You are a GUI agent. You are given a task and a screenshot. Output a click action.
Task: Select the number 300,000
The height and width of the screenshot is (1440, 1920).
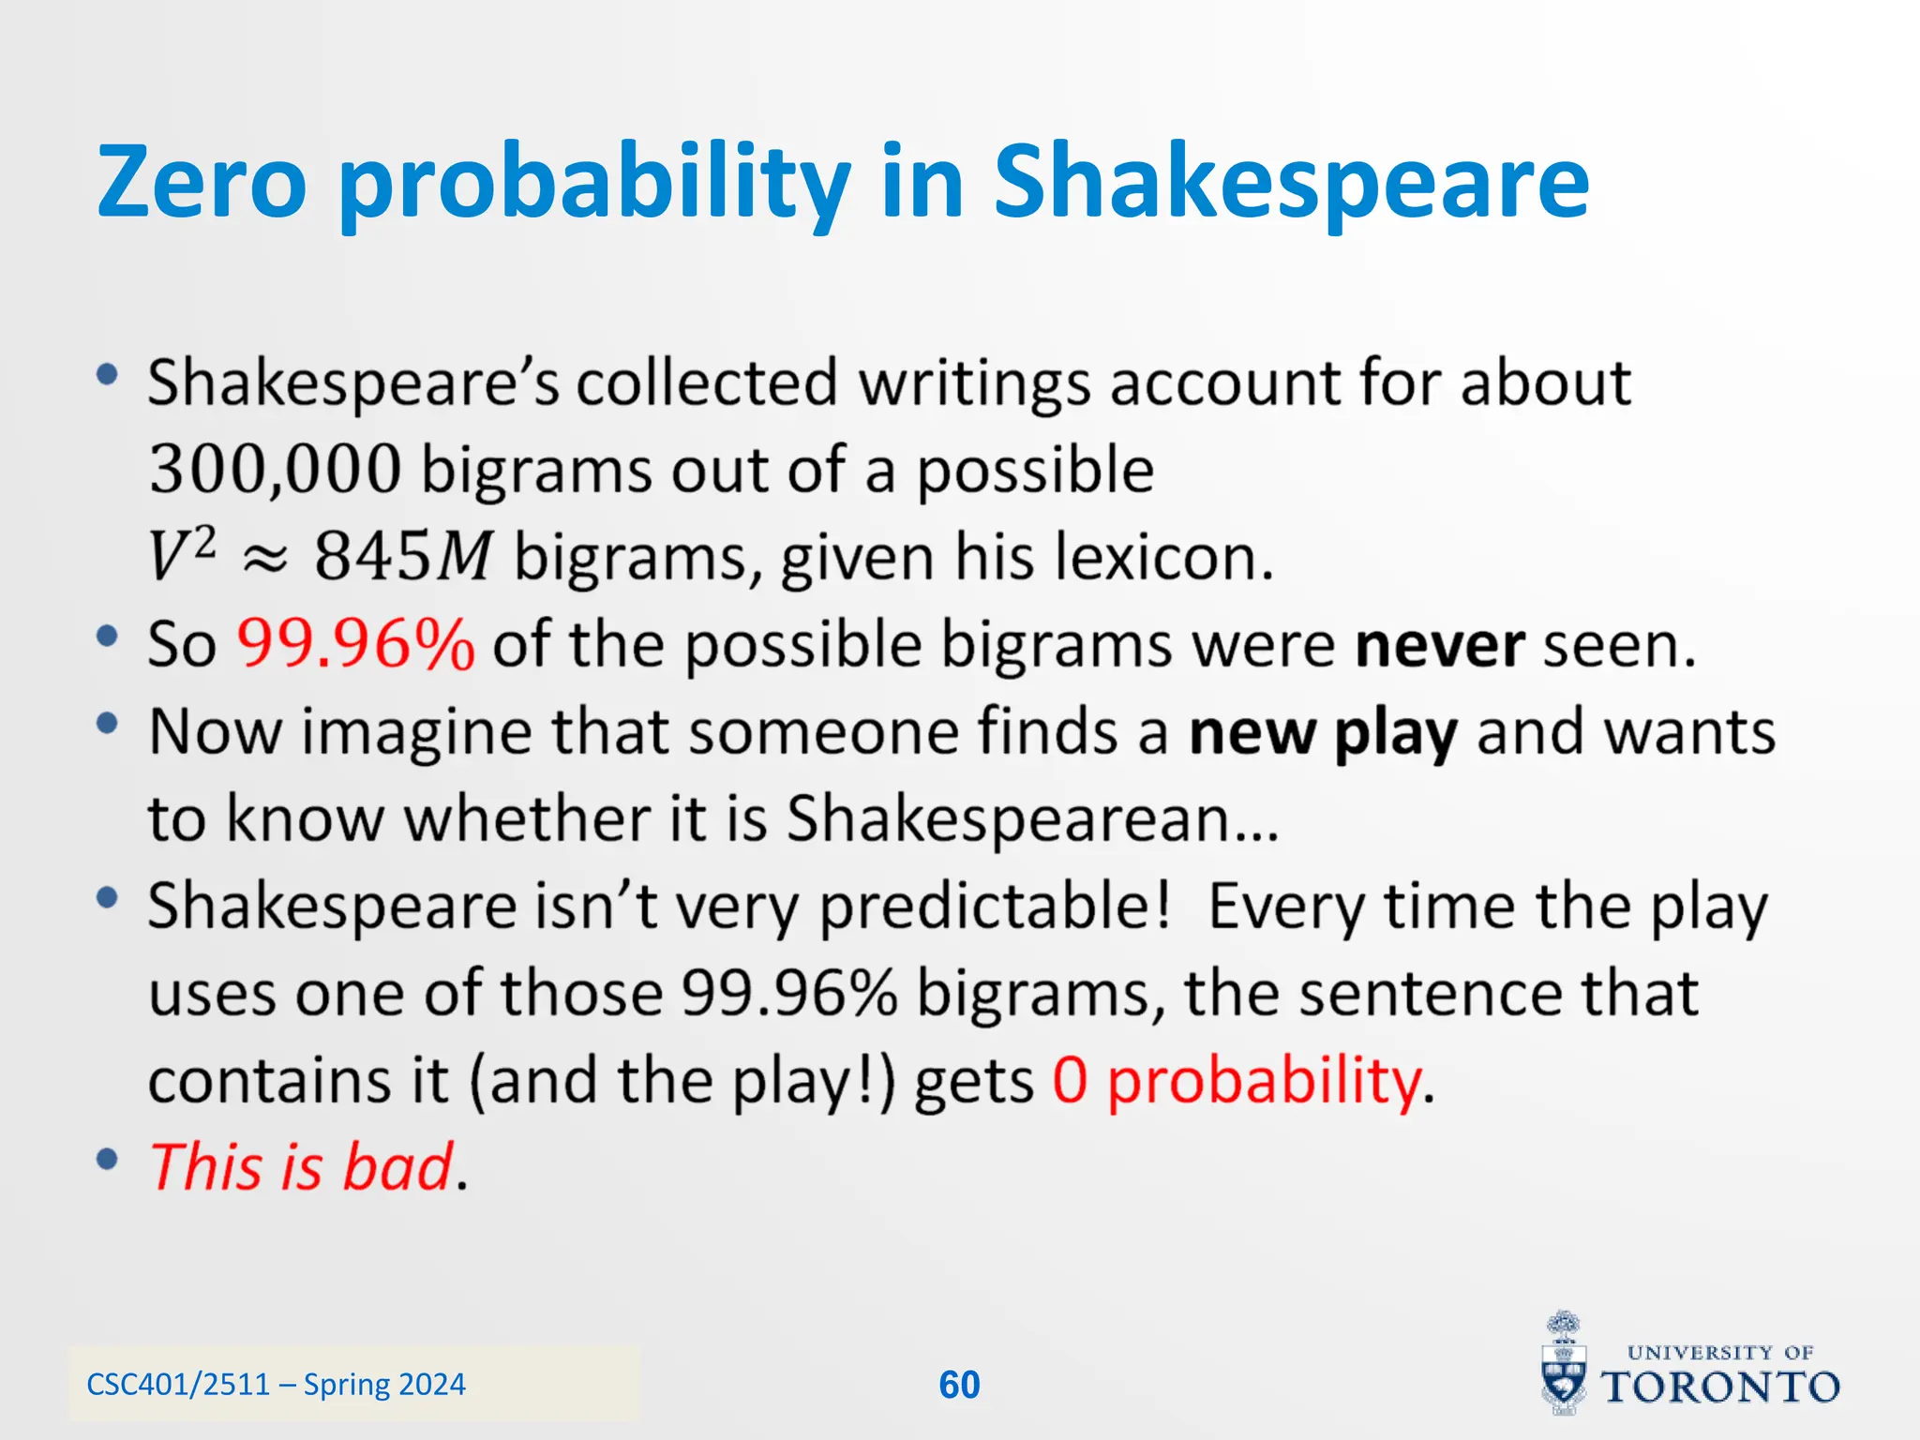pos(275,470)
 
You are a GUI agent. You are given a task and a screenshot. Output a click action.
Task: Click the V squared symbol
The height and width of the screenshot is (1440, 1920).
pos(182,554)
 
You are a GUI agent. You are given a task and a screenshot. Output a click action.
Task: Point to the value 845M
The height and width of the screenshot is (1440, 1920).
pos(402,556)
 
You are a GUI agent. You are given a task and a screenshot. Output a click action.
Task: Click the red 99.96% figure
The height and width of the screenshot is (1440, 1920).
pos(355,645)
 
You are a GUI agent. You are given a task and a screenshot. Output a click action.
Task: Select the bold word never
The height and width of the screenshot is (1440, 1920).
pos(1439,645)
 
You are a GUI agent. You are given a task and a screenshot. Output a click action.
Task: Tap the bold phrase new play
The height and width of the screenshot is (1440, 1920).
pos(1323,732)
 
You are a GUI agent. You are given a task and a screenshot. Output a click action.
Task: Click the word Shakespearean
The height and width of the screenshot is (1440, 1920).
pos(1008,818)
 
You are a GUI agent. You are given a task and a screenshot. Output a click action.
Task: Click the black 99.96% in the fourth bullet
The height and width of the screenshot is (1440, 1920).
pos(788,993)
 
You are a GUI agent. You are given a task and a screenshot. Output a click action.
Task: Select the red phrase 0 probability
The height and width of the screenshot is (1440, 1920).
pos(1237,1081)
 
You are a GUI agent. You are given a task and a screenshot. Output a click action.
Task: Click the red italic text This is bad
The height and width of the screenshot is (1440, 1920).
pos(302,1167)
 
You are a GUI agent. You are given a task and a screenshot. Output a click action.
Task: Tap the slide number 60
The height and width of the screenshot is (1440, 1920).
pos(959,1385)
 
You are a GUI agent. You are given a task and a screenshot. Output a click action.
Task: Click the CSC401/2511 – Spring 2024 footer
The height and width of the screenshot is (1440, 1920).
pos(276,1385)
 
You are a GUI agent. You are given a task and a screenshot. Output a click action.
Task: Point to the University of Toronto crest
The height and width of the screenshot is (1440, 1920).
pos(1564,1364)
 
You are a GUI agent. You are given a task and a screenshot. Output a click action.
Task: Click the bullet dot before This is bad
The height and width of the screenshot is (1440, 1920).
pos(108,1160)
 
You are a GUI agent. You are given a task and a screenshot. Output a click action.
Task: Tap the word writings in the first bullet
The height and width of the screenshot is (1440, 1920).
pos(974,383)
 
